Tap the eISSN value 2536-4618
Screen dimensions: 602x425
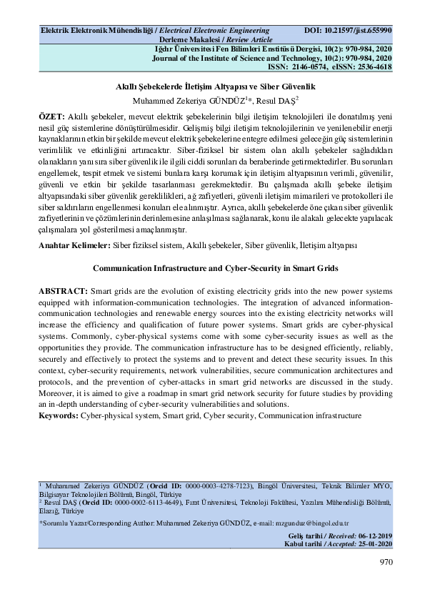(375, 66)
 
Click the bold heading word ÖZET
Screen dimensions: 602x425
(51, 115)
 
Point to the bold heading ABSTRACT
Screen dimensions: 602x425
(63, 292)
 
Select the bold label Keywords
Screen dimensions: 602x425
(59, 415)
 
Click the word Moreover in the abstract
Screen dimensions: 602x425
(56, 394)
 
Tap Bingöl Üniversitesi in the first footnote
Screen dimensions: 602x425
(278, 485)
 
